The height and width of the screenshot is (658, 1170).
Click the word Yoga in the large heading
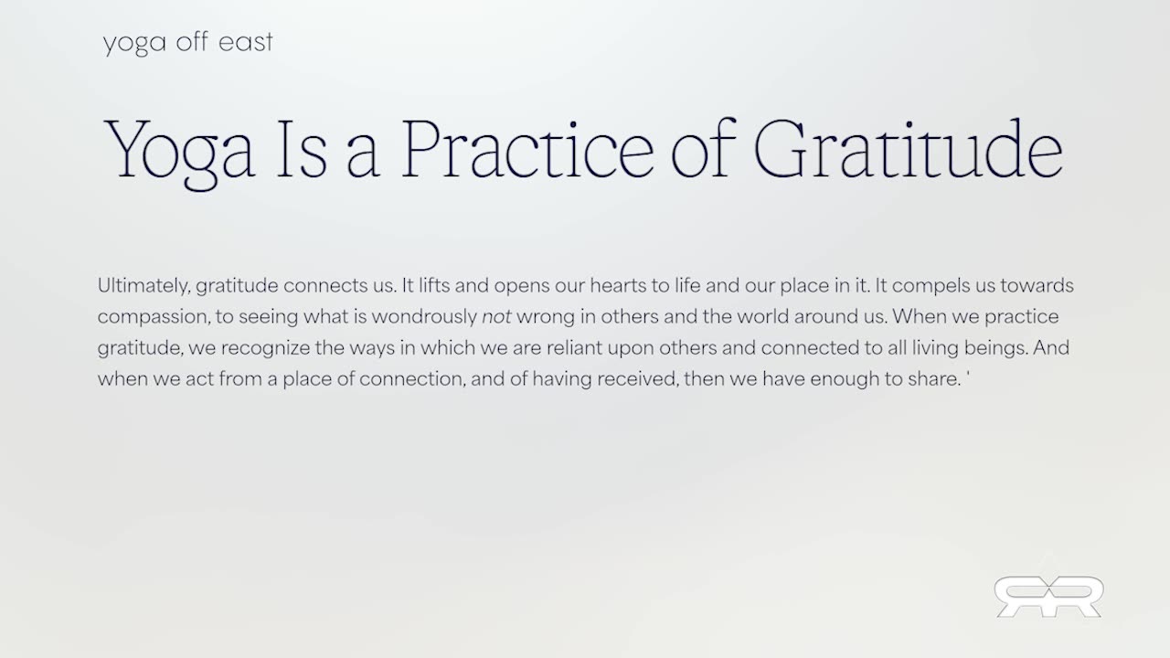coord(180,149)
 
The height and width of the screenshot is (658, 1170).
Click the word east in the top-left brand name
coord(245,43)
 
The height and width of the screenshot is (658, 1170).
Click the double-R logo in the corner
coord(1048,595)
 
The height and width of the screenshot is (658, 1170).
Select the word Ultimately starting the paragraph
coord(144,286)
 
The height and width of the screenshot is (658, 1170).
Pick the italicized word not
coord(495,317)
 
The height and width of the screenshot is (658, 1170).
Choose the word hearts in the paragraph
coord(618,286)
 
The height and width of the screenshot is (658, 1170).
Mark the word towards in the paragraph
coord(1037,286)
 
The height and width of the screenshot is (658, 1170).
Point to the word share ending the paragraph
coord(933,379)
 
